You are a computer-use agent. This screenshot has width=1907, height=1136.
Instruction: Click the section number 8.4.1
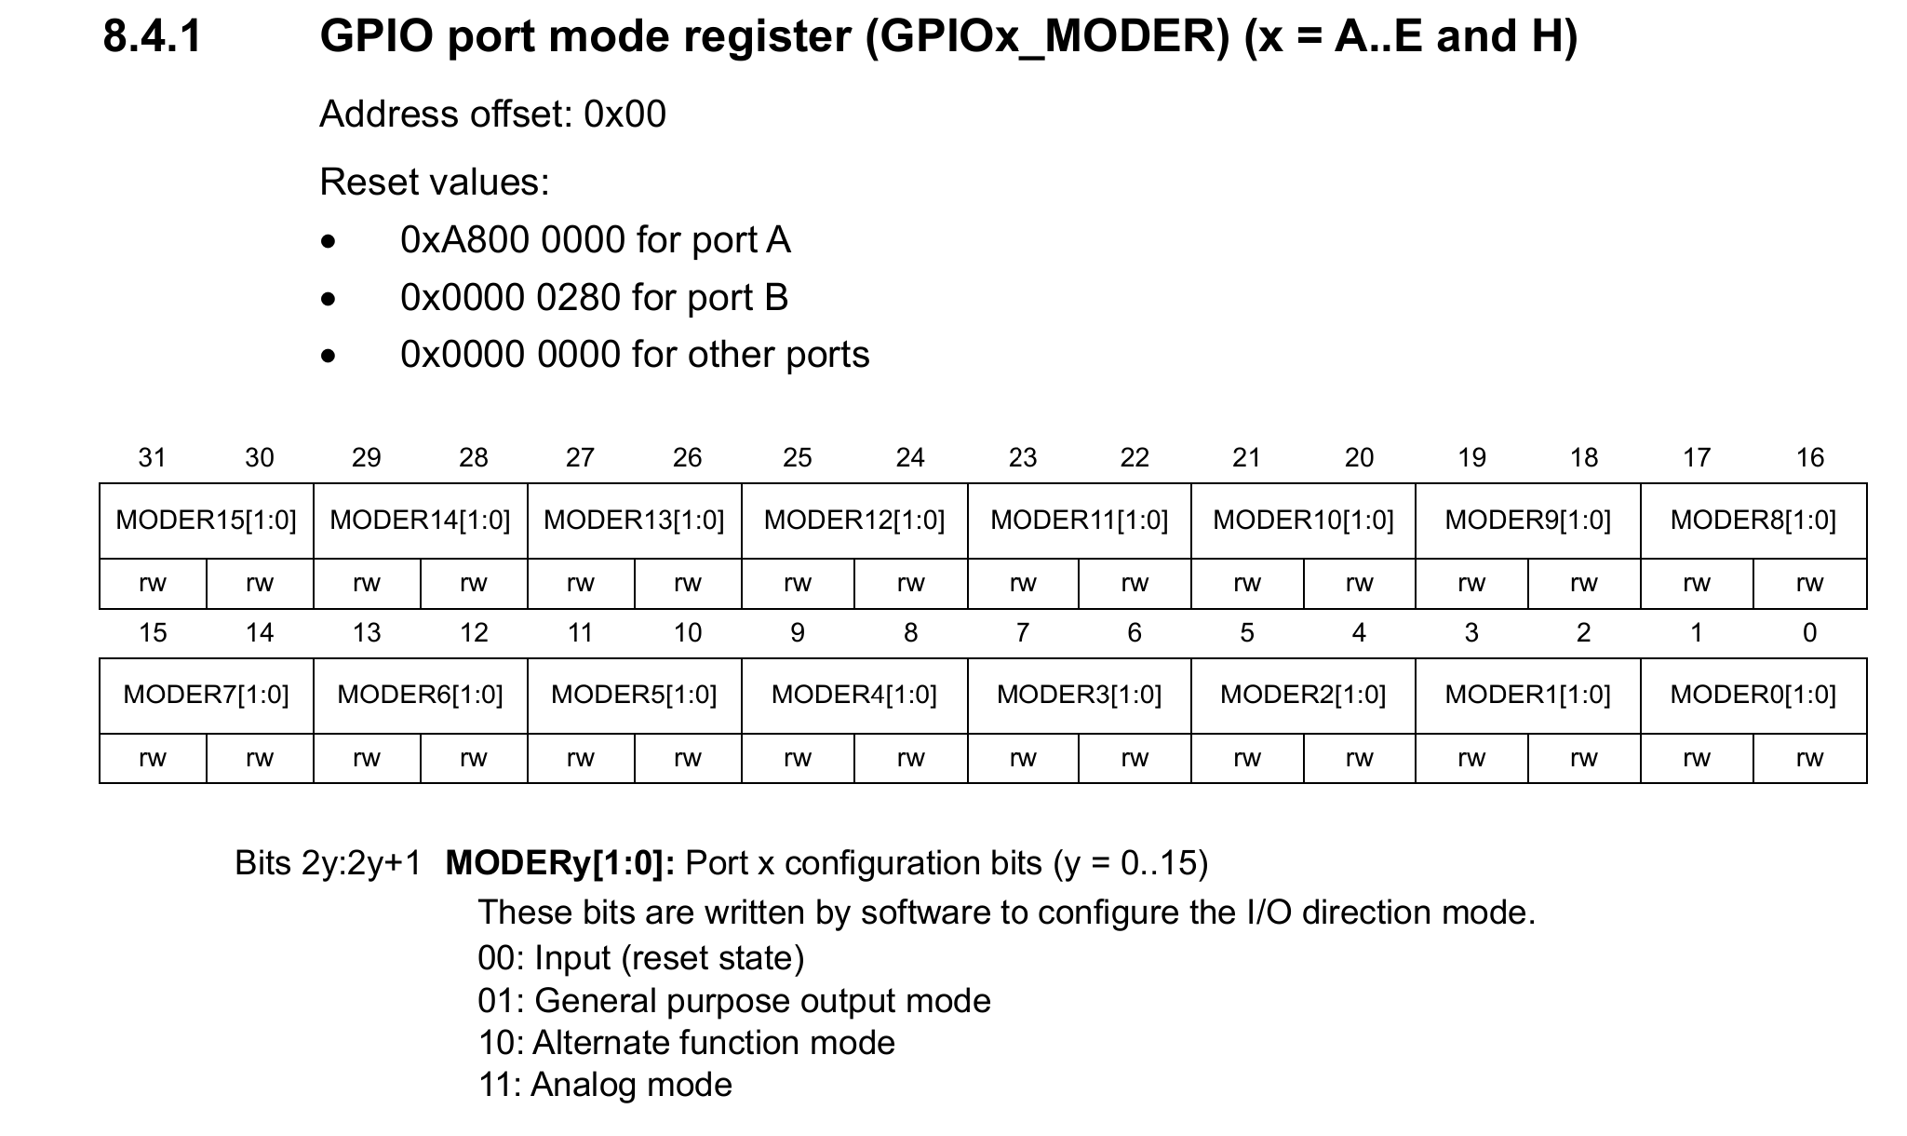[x=152, y=37]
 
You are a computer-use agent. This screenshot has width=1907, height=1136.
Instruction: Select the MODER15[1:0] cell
[x=207, y=521]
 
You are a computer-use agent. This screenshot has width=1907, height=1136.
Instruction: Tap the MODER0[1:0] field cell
[x=1753, y=696]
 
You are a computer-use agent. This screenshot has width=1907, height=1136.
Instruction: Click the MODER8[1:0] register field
[x=1753, y=521]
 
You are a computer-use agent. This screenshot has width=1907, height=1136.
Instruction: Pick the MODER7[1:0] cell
[x=207, y=696]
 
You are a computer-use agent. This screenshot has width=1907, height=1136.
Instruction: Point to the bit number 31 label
[x=152, y=457]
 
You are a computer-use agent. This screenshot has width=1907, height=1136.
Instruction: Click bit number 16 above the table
[x=1809, y=457]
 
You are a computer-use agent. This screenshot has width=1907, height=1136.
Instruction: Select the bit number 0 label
[x=1809, y=632]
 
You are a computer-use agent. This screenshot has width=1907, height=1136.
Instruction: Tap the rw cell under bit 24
[x=910, y=584]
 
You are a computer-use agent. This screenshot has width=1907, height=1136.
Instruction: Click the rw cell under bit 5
[x=1247, y=758]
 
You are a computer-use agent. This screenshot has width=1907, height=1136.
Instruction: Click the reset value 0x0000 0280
[x=511, y=298]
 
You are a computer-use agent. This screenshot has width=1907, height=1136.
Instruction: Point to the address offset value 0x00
[x=624, y=115]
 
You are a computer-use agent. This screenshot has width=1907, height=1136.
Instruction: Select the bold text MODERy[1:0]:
[x=560, y=864]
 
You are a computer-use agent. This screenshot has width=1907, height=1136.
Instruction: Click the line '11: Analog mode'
[x=605, y=1085]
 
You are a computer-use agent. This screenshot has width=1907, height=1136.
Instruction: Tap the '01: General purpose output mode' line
[x=734, y=1001]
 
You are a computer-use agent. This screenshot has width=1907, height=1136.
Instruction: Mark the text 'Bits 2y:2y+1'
[x=328, y=863]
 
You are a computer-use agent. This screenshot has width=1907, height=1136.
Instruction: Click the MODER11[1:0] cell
[x=1080, y=521]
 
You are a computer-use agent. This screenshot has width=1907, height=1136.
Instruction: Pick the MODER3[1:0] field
[x=1080, y=696]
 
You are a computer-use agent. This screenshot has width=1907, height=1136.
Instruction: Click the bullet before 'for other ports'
[x=328, y=357]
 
